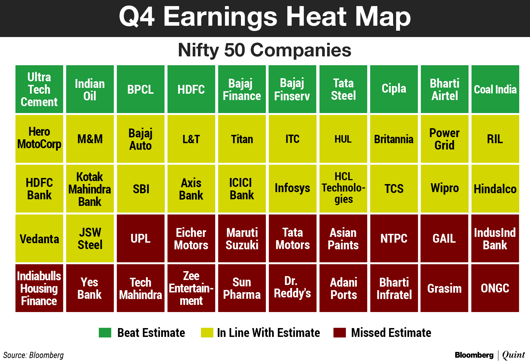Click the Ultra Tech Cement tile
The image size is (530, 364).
pos(39,89)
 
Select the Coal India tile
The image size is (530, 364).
pos(495,89)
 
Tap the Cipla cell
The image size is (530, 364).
pos(394,89)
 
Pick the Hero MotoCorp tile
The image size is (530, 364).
pos(39,139)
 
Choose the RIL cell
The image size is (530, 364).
pos(495,139)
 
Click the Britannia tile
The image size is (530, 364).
pos(394,139)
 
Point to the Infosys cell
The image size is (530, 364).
pos(293,188)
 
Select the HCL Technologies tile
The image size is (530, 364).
pos(343,188)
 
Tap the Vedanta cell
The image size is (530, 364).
pos(39,238)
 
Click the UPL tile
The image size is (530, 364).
pos(141,238)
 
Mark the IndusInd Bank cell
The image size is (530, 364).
pos(495,238)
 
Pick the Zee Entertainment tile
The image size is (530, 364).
pos(191,288)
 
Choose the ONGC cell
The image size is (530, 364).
pos(495,288)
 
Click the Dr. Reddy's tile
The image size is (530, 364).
pos(293,288)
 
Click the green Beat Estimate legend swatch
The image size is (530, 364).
pos(105,332)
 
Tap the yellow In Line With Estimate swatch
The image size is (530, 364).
pos(207,332)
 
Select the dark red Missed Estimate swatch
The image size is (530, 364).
pos(340,332)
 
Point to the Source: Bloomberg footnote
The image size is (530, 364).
pos(33,355)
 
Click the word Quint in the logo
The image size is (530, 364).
pos(513,355)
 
